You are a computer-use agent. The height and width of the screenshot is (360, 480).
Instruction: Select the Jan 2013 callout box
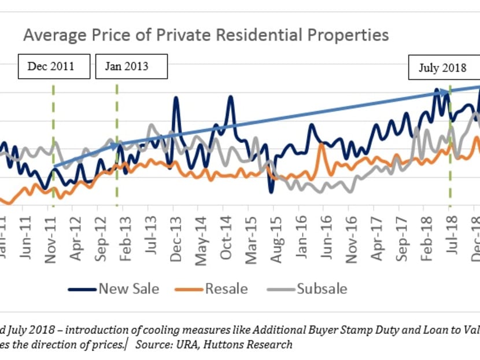pyautogui.click(x=131, y=66)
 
